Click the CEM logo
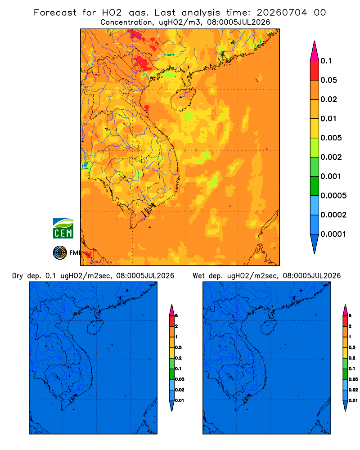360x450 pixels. [63, 228]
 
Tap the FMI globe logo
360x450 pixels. [60, 252]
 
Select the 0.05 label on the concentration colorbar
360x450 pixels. [328, 80]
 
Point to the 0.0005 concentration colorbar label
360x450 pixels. [333, 195]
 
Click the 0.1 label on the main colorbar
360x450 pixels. [326, 61]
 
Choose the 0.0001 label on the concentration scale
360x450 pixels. [333, 234]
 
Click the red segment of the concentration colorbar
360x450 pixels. [315, 71]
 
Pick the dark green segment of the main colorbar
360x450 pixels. [315, 186]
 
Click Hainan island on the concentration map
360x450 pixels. [183, 99]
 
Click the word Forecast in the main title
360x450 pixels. [55, 13]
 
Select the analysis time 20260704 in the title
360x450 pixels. [282, 13]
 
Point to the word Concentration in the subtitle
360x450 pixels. [126, 22]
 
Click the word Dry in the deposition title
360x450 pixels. [18, 276]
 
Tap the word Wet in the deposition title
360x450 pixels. [198, 276]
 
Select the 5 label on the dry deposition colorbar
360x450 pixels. [176, 316]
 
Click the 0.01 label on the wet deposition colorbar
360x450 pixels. [353, 400]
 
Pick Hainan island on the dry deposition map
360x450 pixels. [95, 328]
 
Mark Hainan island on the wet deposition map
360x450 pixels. [269, 328]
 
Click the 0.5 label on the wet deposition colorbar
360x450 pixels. [352, 347]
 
